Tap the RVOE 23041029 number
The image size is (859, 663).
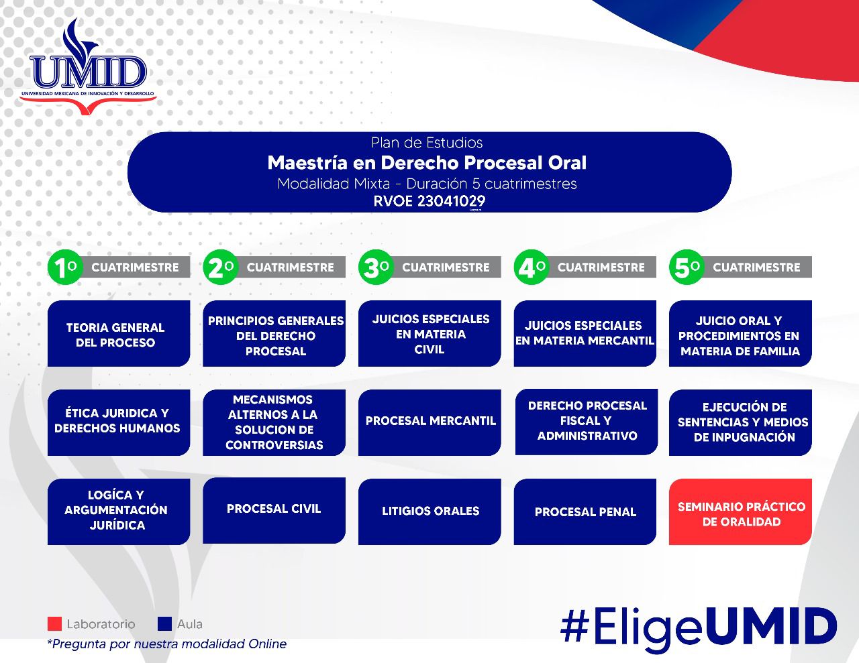point(429,200)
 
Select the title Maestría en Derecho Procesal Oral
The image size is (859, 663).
point(427,163)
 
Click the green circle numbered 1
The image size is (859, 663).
point(64,267)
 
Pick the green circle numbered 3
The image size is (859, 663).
point(375,267)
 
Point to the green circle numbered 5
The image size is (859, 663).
point(686,267)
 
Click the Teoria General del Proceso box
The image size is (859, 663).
point(118,334)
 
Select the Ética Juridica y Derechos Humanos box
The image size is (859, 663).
point(118,422)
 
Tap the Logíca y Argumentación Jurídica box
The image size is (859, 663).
point(118,511)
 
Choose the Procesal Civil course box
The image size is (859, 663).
point(274,509)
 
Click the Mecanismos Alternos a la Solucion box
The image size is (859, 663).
point(274,422)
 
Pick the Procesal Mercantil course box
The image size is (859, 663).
point(429,422)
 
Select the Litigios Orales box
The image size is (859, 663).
point(429,511)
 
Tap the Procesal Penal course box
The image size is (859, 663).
point(585,511)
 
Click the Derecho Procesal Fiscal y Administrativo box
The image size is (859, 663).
point(586,421)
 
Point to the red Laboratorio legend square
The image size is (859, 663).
point(54,624)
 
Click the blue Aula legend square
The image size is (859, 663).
point(164,624)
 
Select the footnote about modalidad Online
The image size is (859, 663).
point(166,644)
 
